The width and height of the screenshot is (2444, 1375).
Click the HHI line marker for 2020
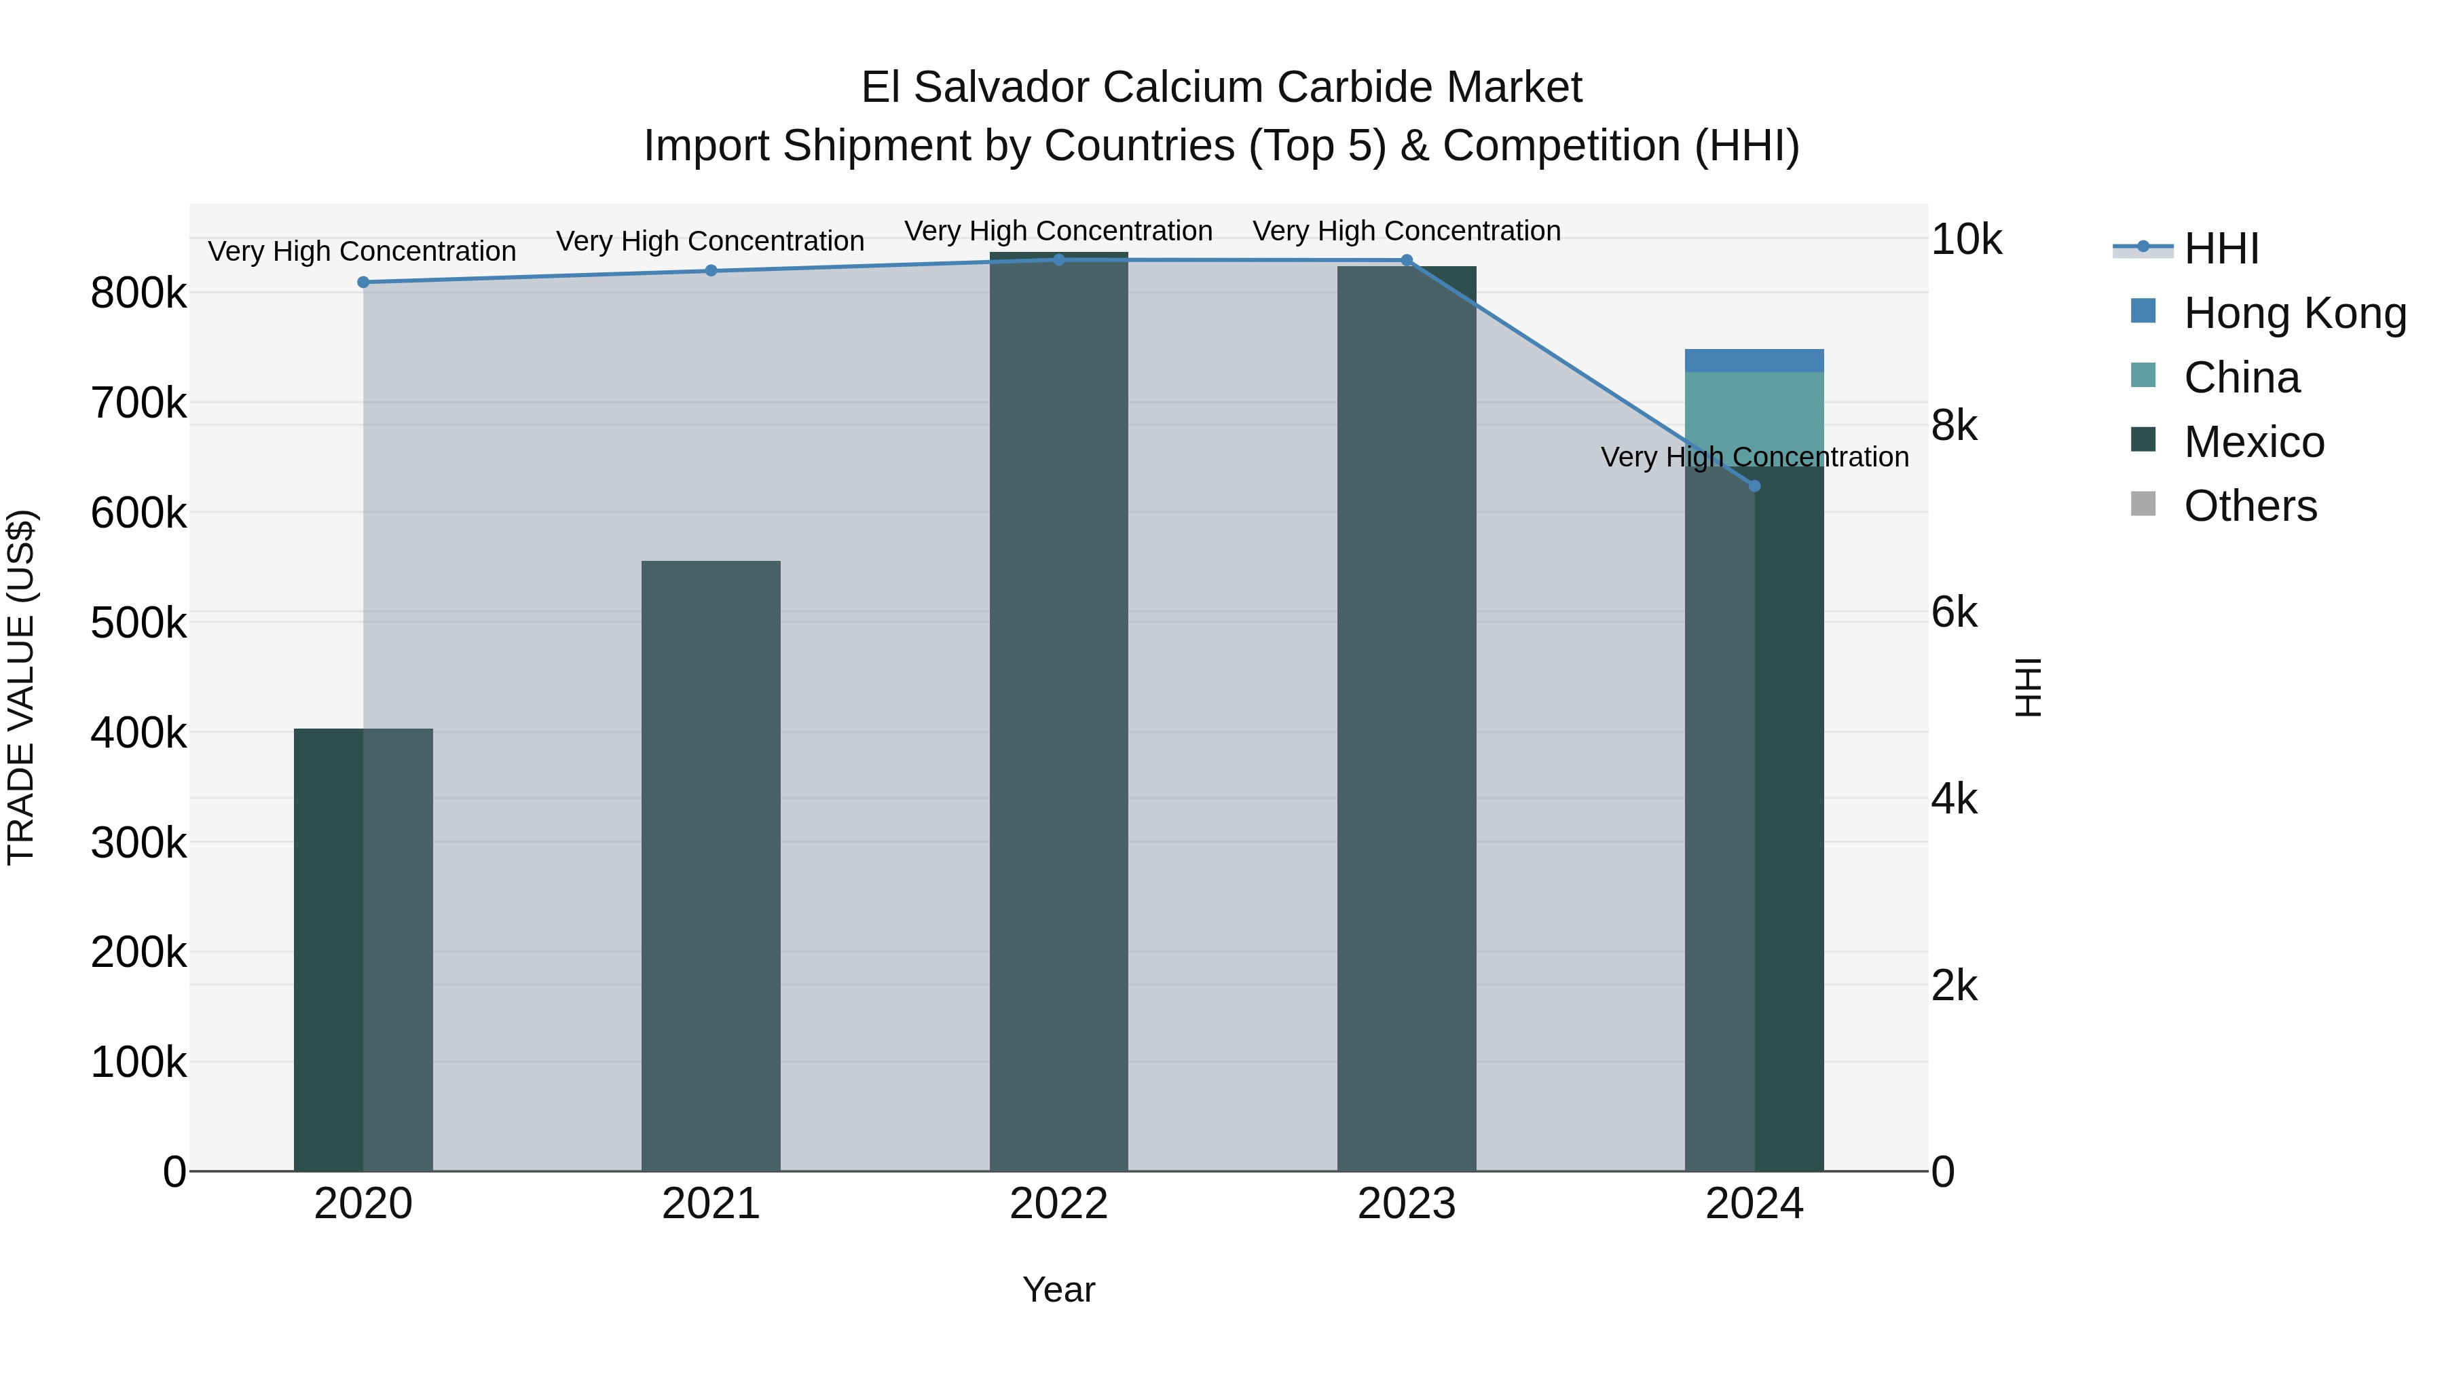click(x=363, y=282)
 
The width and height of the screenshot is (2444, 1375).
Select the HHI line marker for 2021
click(x=711, y=270)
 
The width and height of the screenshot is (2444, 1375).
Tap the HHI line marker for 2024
click(x=1754, y=486)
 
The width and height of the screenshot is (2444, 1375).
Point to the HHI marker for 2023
click(x=1407, y=260)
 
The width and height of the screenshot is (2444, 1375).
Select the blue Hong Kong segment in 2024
click(x=1754, y=361)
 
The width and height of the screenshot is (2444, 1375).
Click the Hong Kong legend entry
click(x=2294, y=313)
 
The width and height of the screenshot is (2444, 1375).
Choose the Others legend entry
click(x=2250, y=506)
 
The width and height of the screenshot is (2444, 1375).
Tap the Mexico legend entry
click(x=2253, y=442)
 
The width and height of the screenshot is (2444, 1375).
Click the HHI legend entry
click(x=2220, y=249)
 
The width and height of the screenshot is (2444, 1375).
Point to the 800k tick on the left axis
click(x=138, y=293)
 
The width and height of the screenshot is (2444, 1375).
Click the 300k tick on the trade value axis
click(x=138, y=843)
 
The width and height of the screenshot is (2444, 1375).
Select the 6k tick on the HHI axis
click(x=1955, y=613)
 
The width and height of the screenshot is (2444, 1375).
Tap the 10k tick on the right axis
click(x=1967, y=240)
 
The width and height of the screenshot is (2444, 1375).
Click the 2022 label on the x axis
click(x=1059, y=1204)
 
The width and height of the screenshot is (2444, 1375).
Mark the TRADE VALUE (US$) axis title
click(x=21, y=687)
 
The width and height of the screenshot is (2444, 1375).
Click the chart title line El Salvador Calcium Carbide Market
click(x=1221, y=88)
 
